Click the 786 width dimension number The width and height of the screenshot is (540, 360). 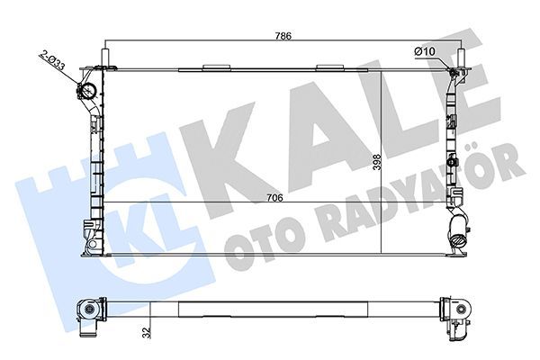[282, 36]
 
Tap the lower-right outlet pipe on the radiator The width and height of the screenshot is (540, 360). [458, 241]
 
